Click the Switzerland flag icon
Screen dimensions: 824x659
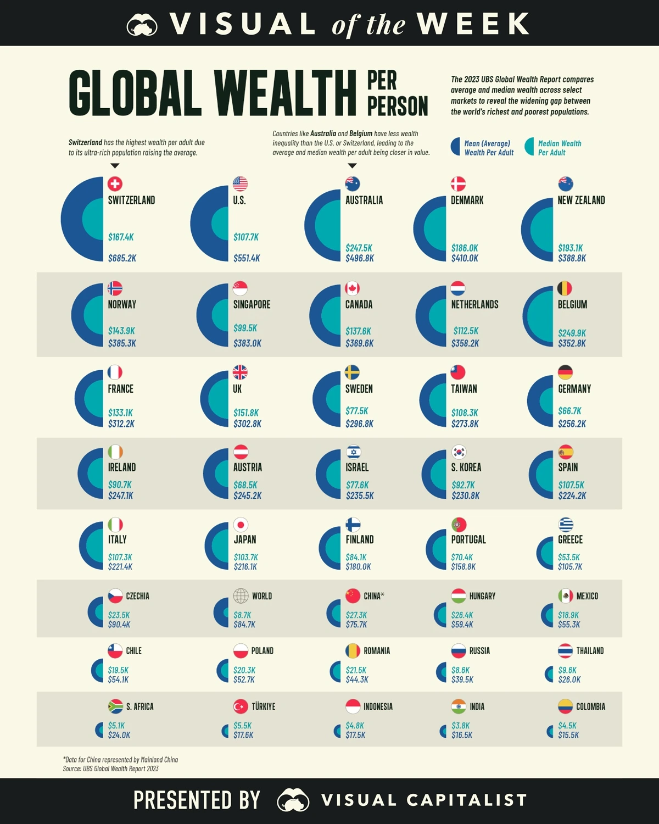115,183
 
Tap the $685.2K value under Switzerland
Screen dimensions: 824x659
122,258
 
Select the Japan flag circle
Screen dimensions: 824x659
241,525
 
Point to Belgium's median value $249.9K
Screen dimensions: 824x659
572,333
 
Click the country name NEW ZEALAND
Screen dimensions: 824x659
581,201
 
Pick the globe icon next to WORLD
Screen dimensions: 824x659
241,596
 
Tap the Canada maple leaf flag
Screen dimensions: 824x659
352,288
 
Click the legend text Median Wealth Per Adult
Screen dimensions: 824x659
559,148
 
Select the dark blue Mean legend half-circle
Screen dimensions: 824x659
456,147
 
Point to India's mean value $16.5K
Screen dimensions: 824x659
462,735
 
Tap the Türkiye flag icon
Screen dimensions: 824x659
241,706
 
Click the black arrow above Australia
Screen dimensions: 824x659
353,165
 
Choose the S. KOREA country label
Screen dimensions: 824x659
466,467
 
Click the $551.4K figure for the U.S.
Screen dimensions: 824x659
247,258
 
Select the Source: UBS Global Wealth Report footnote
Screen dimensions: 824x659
110,769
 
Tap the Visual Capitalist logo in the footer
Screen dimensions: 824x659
293,800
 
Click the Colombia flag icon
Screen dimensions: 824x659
565,706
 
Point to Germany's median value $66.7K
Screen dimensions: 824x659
569,411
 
